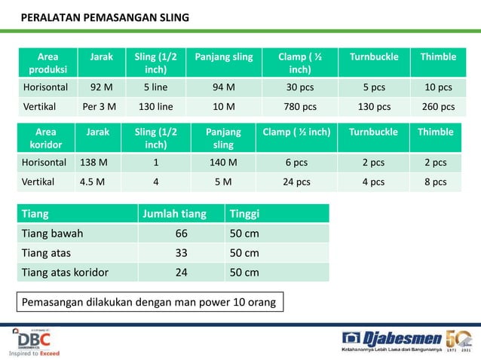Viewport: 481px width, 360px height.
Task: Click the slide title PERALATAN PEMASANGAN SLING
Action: coord(104,17)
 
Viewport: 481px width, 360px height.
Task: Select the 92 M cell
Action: coord(102,86)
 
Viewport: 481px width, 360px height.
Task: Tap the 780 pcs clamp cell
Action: coord(300,105)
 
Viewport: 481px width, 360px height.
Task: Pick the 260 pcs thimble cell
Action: coord(437,105)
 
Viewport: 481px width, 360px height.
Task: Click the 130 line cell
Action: coord(156,105)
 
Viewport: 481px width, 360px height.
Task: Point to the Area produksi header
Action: coord(47,63)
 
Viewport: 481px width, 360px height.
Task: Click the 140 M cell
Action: coord(223,162)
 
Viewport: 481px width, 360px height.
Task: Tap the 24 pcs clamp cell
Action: coord(296,182)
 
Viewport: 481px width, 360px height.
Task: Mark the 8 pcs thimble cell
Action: coord(435,182)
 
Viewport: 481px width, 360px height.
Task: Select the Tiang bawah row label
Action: coord(53,233)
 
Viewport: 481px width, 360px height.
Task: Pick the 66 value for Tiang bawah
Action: coord(181,233)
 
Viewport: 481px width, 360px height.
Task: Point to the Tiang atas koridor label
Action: coord(65,273)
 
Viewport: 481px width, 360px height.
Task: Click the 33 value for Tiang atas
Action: coord(181,253)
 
